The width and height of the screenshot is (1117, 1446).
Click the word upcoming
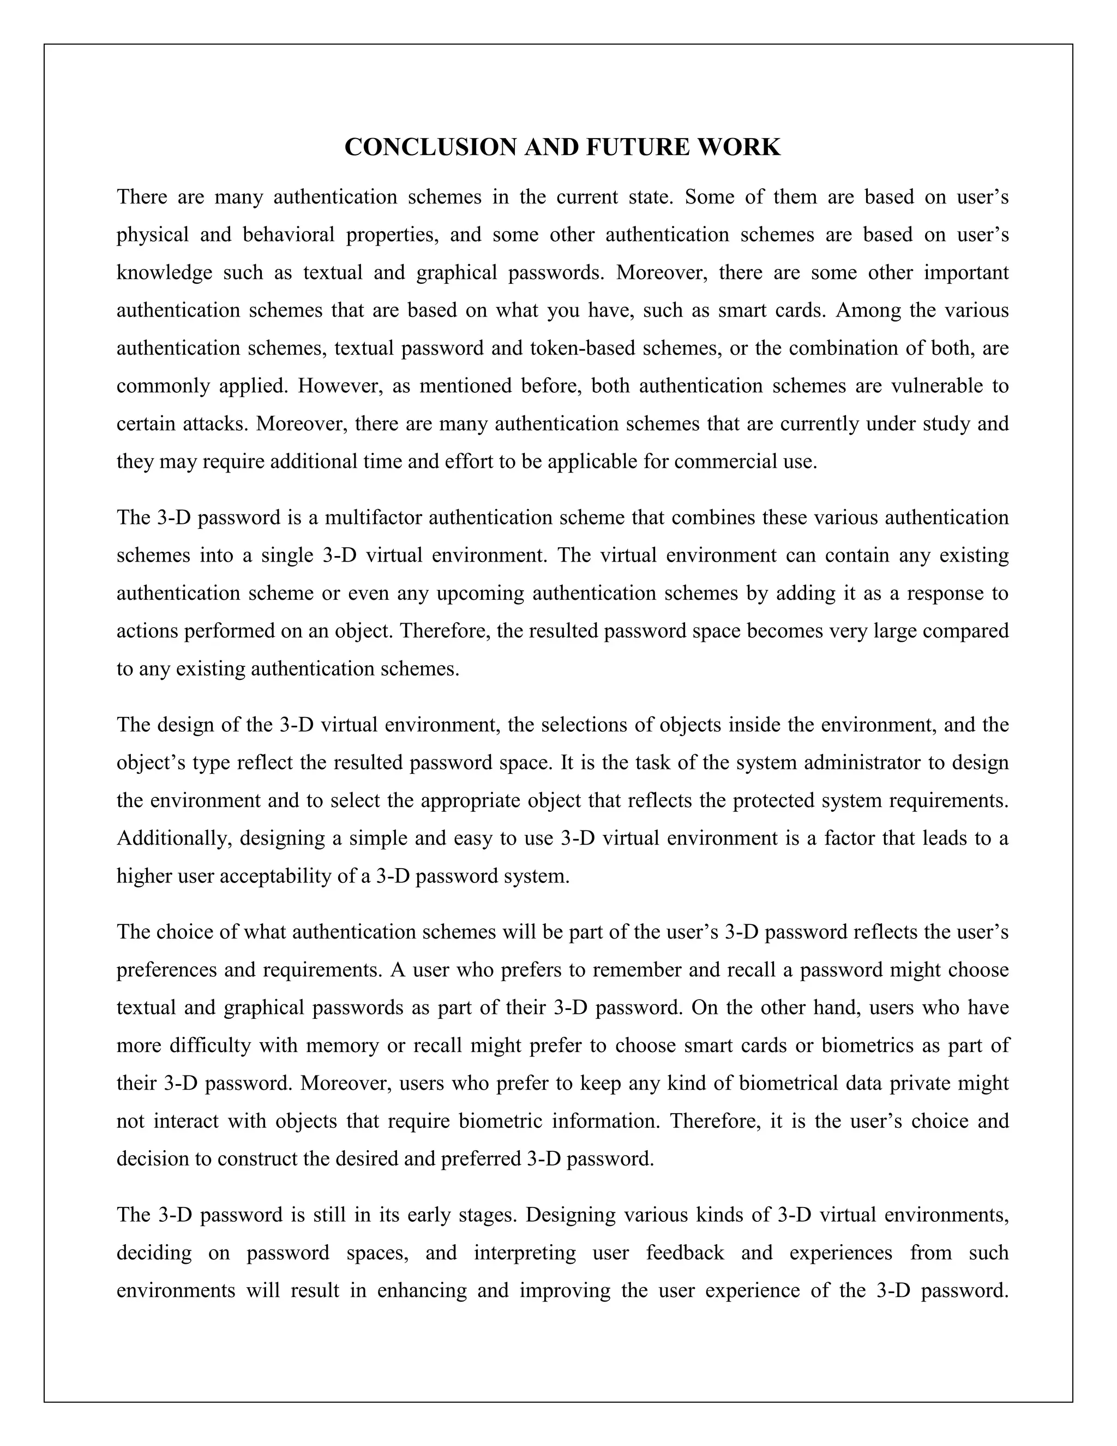480,593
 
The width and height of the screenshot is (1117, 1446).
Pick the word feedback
684,1253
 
